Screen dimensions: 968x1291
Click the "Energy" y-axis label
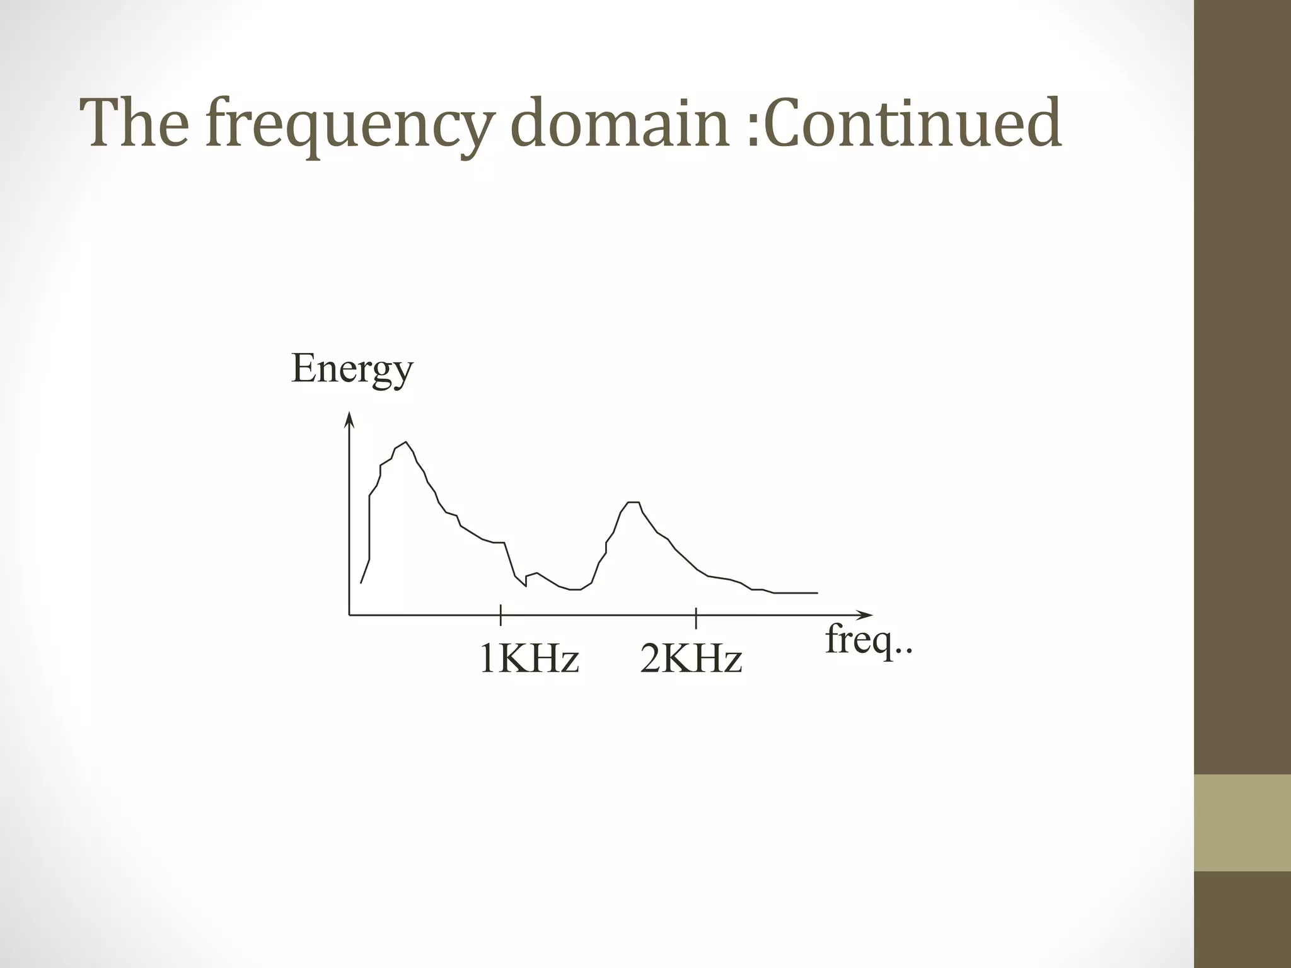pyautogui.click(x=352, y=370)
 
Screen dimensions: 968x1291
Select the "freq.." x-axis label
pyautogui.click(x=869, y=641)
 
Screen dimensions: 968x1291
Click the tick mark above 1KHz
pyautogui.click(x=501, y=614)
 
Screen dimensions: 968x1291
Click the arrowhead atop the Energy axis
pyautogui.click(x=349, y=418)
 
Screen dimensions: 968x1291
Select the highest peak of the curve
pyautogui.click(x=405, y=442)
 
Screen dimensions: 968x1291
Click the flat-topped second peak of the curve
pyautogui.click(x=634, y=502)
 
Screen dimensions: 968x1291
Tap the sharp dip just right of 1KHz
pyautogui.click(x=524, y=586)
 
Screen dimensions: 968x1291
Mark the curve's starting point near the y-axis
pyautogui.click(x=361, y=582)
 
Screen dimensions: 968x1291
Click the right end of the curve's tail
pyautogui.click(x=817, y=593)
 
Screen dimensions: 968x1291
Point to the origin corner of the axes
pyautogui.click(x=349, y=614)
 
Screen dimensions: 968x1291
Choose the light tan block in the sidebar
pyautogui.click(x=1242, y=822)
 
